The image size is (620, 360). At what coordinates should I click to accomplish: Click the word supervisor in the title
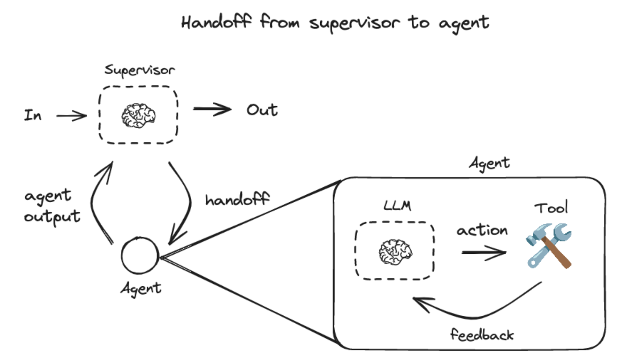click(x=354, y=23)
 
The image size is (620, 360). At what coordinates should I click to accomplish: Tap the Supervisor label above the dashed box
click(x=139, y=70)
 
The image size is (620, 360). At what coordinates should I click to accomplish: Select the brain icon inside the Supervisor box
click(x=138, y=116)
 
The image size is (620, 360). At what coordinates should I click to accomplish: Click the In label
click(x=33, y=115)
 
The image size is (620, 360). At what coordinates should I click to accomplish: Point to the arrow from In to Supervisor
click(x=71, y=116)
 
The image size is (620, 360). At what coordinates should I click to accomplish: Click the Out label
click(x=262, y=110)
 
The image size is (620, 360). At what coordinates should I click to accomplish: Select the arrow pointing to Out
click(x=212, y=109)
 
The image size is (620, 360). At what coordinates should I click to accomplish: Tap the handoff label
click(x=237, y=199)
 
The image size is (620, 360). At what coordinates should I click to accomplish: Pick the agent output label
click(x=52, y=206)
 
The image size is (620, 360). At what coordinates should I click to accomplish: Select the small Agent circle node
click(x=140, y=255)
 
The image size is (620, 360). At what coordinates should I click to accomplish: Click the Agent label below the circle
click(x=141, y=289)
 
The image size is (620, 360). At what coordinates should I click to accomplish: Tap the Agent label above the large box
click(x=489, y=163)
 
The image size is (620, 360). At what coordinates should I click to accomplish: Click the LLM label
click(x=397, y=206)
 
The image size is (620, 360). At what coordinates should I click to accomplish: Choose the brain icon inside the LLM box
click(x=395, y=252)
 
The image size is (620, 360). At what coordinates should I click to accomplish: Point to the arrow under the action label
click(x=484, y=252)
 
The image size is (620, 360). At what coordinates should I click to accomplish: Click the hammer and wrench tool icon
click(x=549, y=246)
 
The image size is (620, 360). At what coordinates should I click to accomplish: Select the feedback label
click(x=482, y=335)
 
